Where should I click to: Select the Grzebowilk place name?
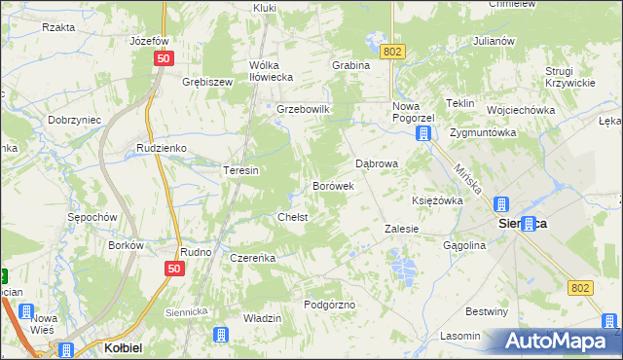click(305, 109)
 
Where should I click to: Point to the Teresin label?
click(240, 170)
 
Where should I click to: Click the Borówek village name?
click(332, 185)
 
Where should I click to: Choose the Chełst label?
click(293, 217)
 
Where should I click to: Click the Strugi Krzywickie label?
click(569, 77)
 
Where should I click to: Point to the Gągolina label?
click(464, 246)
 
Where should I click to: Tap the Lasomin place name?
click(459, 336)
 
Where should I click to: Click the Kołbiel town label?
click(125, 348)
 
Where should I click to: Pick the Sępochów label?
click(92, 217)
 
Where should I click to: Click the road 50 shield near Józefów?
click(163, 59)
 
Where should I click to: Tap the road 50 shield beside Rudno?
click(174, 269)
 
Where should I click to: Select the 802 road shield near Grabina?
click(392, 51)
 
